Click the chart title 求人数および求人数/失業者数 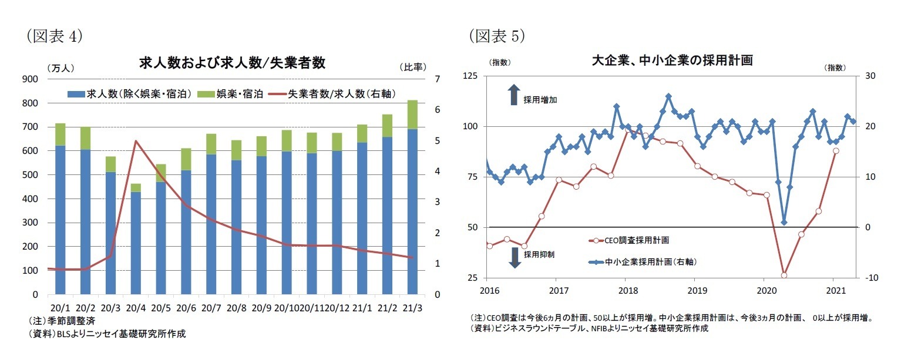tap(232, 63)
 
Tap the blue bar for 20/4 tap(136, 242)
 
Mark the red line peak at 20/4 tap(136, 141)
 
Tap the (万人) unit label tap(60, 68)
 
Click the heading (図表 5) tap(496, 37)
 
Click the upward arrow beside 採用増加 tap(513, 95)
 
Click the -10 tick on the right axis tap(867, 278)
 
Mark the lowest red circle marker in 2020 tap(784, 275)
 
